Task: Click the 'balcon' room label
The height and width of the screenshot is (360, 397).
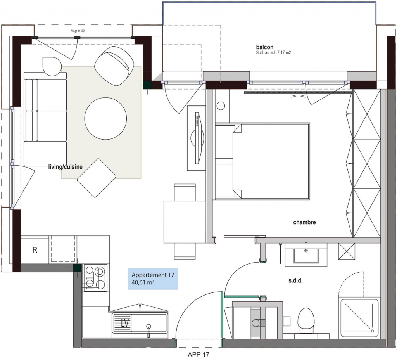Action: pyautogui.click(x=264, y=47)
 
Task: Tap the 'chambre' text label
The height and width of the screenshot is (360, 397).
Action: pyautogui.click(x=304, y=222)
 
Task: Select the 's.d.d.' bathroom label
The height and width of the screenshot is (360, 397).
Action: pyautogui.click(x=295, y=281)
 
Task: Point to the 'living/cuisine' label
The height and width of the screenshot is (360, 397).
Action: pyautogui.click(x=65, y=167)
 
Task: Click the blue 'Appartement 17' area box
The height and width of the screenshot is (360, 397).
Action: pyautogui.click(x=153, y=279)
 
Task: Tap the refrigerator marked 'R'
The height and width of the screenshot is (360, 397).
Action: pyautogui.click(x=35, y=250)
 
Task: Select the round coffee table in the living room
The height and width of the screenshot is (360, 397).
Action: pyautogui.click(x=105, y=118)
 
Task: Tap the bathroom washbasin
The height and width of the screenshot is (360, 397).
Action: pyautogui.click(x=306, y=254)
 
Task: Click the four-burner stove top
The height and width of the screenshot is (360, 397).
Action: pyautogui.click(x=94, y=278)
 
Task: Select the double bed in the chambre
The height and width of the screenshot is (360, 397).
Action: pyautogui.click(x=262, y=161)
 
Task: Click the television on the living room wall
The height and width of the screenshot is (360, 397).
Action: pyautogui.click(x=196, y=138)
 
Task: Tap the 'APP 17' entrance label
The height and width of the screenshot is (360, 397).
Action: pyautogui.click(x=198, y=354)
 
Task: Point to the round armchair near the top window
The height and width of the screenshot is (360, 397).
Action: pyautogui.click(x=114, y=66)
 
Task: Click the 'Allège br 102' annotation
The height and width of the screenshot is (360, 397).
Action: pyautogui.click(x=78, y=31)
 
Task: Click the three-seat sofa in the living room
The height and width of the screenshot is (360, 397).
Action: pyautogui.click(x=45, y=119)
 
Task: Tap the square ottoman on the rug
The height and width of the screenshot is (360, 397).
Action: pyautogui.click(x=97, y=178)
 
